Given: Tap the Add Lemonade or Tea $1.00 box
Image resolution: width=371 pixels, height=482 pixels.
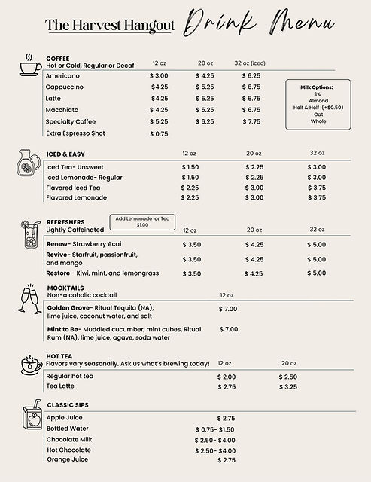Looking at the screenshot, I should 143,221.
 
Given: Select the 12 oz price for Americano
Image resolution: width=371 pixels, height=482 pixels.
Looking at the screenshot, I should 160,76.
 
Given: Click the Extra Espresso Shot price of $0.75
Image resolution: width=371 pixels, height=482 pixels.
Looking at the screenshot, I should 159,134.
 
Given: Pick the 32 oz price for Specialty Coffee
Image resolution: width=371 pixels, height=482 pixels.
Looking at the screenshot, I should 251,121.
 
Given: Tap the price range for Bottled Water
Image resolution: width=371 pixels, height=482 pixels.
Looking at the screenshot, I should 215,429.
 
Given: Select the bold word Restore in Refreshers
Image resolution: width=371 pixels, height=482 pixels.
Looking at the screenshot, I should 59,273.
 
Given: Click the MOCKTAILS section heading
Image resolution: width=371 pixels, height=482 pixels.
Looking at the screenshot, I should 65,288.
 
